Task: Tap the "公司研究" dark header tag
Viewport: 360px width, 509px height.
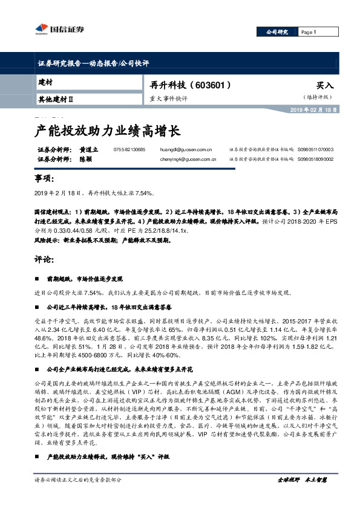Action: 279,32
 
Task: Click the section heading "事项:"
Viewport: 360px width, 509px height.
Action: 45,179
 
